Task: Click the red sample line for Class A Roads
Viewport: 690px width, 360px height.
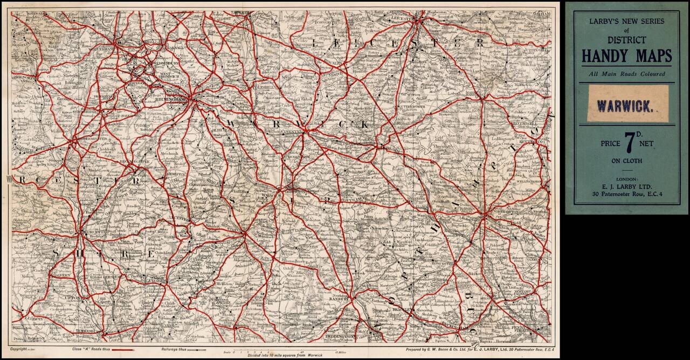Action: (126, 350)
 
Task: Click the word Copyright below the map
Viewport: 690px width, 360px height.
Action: (22, 350)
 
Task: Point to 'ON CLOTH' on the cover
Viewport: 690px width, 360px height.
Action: (626, 161)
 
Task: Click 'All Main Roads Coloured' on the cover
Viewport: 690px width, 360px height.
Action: (627, 74)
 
